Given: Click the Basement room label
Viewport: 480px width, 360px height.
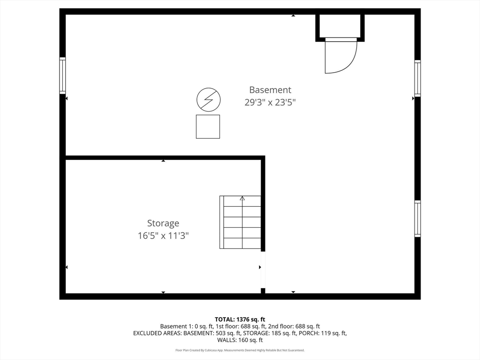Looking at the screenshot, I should pos(270,90).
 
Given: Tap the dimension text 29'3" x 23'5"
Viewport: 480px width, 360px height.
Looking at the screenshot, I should pos(270,102).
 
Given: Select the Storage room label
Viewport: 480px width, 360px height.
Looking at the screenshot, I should pos(163,224).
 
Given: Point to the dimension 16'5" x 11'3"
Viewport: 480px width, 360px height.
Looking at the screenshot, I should pos(163,235).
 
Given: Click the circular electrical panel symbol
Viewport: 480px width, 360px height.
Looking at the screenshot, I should pos(208,99).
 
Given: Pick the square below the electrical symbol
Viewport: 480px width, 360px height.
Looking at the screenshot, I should pos(208,127).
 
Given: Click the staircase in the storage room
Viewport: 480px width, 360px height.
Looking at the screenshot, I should pos(241,222).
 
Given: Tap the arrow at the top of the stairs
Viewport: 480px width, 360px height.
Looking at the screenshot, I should pos(242,199).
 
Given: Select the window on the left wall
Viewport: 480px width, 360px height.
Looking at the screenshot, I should pos(62,75).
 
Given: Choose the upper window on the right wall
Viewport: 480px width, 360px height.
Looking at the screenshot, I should pos(417,78).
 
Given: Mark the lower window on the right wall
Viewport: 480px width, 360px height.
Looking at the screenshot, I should pos(417,218).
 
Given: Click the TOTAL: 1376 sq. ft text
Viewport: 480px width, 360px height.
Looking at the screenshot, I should pos(240,319).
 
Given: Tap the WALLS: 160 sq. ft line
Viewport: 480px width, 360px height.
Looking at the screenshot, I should pos(240,340).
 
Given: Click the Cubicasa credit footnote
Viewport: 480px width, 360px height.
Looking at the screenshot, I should pos(240,350).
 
